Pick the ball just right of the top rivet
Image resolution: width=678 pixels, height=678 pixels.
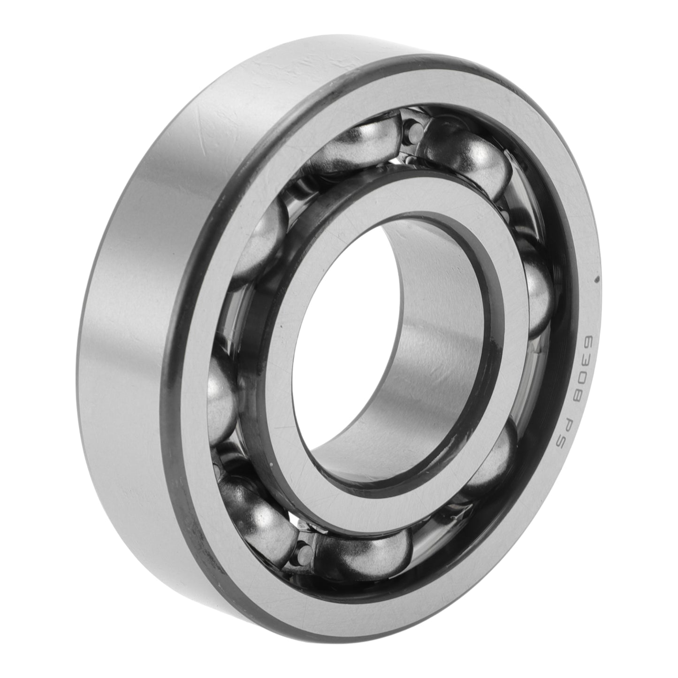coord(465,155)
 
